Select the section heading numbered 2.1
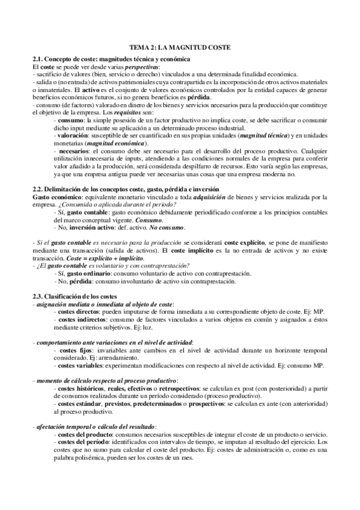[111, 59]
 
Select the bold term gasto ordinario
[85, 273]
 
